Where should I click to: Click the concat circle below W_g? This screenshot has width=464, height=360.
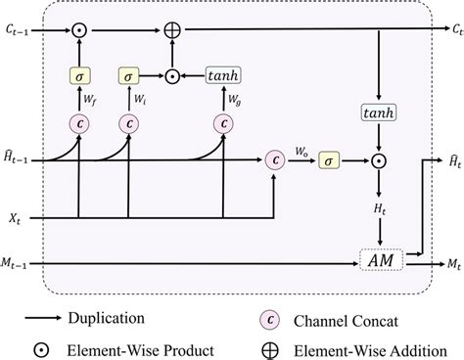tap(225, 123)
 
